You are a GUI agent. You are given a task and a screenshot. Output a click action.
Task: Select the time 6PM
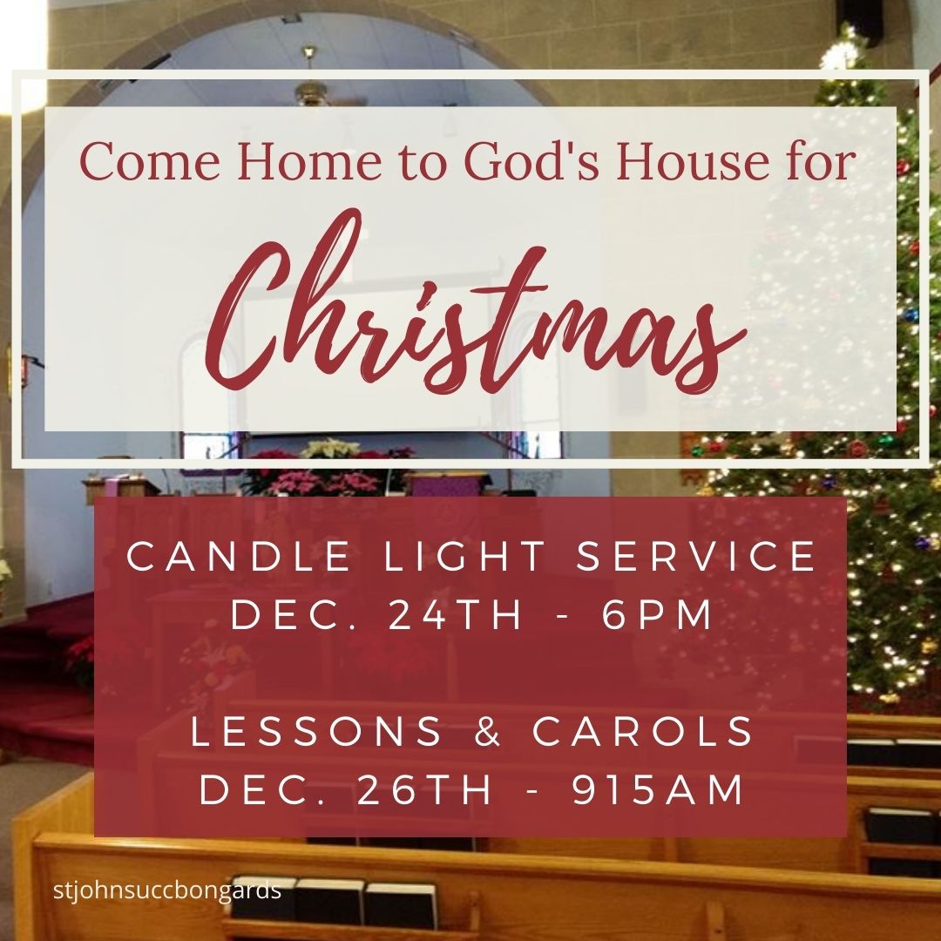[659, 616]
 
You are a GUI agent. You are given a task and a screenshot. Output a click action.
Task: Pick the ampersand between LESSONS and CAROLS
[489, 733]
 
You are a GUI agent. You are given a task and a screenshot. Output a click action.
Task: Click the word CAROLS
[644, 733]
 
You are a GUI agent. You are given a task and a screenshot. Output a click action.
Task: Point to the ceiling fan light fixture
[310, 91]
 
